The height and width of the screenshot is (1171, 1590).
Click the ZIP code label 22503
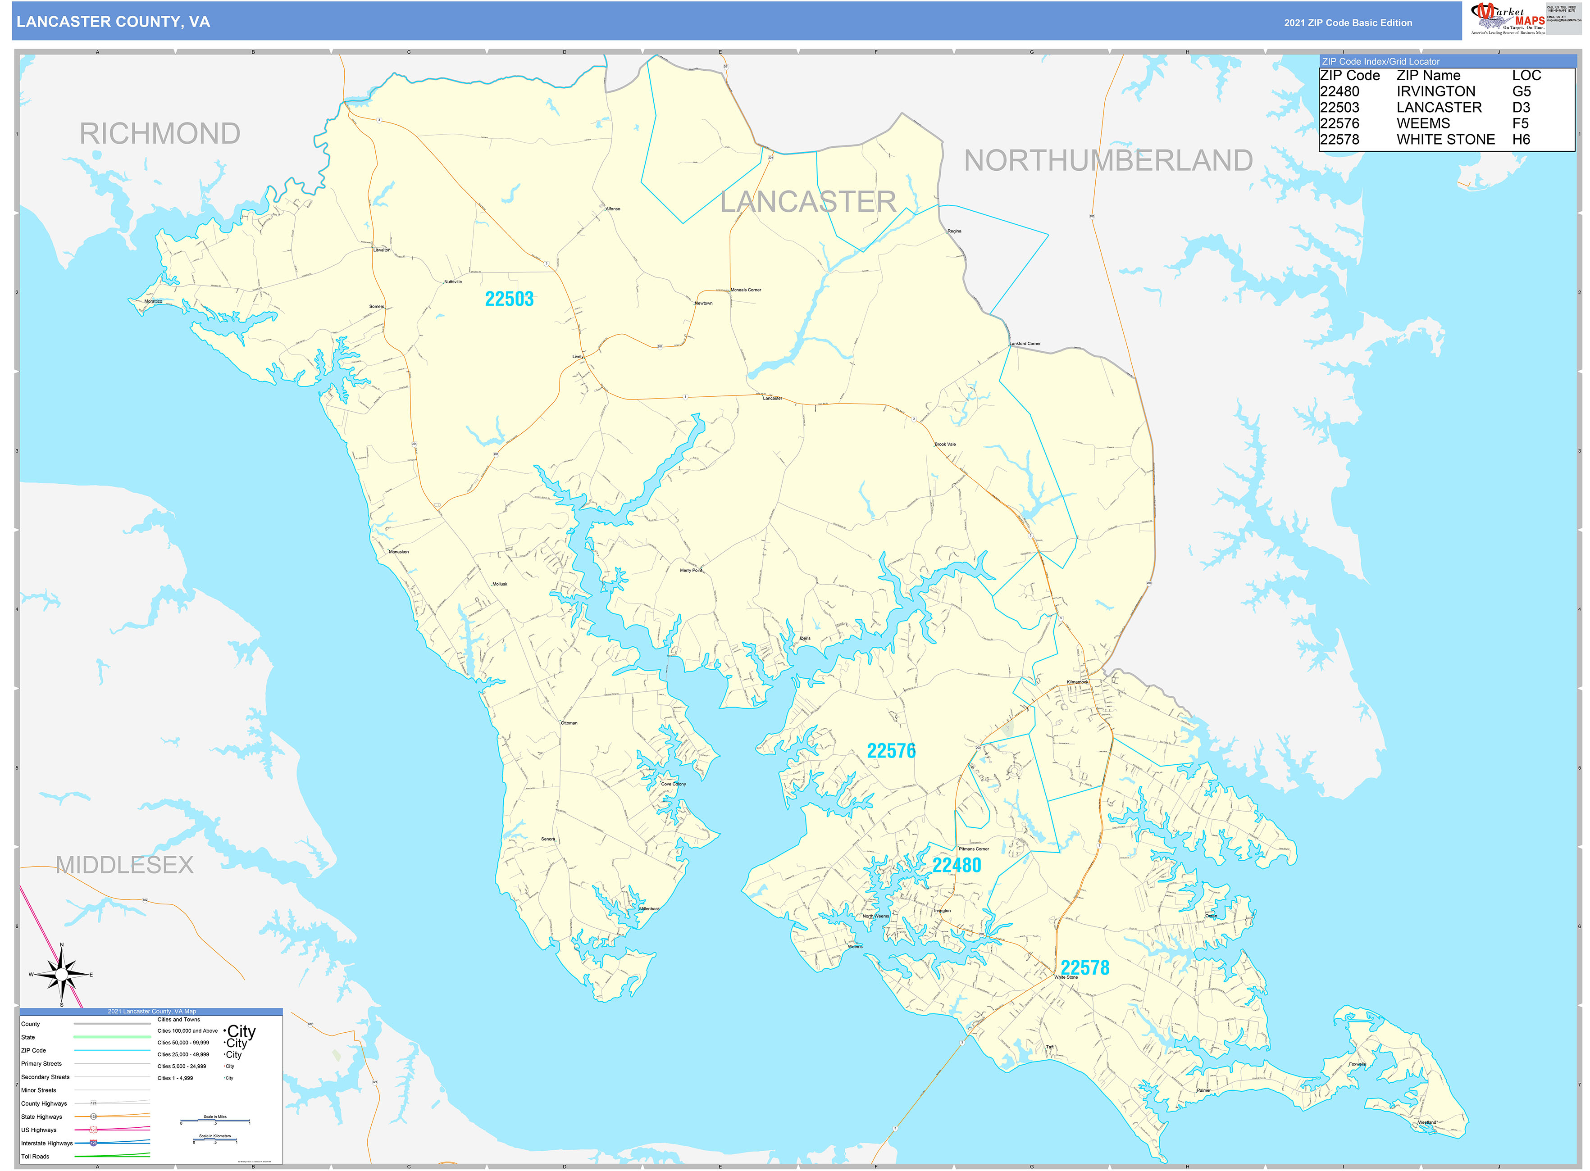click(509, 299)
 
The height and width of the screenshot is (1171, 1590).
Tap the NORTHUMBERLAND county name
click(1108, 161)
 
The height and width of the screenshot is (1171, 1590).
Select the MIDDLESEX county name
click(125, 865)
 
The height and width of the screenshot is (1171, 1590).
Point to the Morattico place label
click(153, 301)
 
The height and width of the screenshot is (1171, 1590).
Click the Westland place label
click(1426, 1122)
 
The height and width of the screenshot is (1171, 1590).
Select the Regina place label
click(955, 231)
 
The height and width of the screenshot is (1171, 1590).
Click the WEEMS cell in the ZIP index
click(1423, 123)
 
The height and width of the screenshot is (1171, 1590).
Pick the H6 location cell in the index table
click(1521, 140)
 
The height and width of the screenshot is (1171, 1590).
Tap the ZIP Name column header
click(1428, 75)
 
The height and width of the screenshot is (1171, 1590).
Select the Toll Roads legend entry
click(36, 1156)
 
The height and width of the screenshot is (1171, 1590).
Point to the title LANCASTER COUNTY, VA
click(114, 22)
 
